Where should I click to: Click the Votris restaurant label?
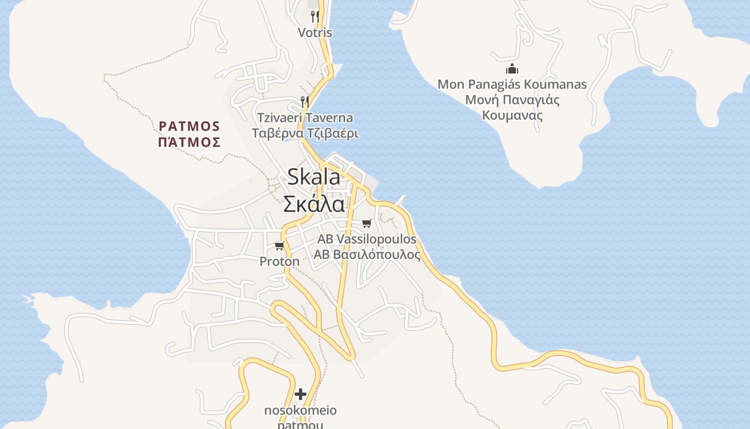coord(315,33)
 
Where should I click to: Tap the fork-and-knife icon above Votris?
coord(315,17)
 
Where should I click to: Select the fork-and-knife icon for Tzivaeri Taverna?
coord(305,101)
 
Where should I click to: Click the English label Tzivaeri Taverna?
coord(305,117)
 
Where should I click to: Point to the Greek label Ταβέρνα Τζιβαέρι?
coord(305,134)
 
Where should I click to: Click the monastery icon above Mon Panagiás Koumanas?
coord(512,69)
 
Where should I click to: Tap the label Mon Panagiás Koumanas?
coord(512,84)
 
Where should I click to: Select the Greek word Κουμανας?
coord(512,115)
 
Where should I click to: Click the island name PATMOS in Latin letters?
coord(190,126)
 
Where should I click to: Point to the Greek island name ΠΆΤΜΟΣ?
coord(190,142)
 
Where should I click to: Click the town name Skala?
coord(314,177)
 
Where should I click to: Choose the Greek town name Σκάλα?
coord(314,204)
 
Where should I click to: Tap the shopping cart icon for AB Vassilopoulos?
coord(367,223)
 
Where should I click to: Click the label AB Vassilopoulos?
coord(367,239)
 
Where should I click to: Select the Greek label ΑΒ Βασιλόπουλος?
coord(367,255)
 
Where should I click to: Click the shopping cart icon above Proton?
coord(279,246)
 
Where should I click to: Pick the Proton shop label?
coord(279,261)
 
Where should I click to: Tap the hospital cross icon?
coord(301,394)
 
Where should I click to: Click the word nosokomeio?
coord(301,410)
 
